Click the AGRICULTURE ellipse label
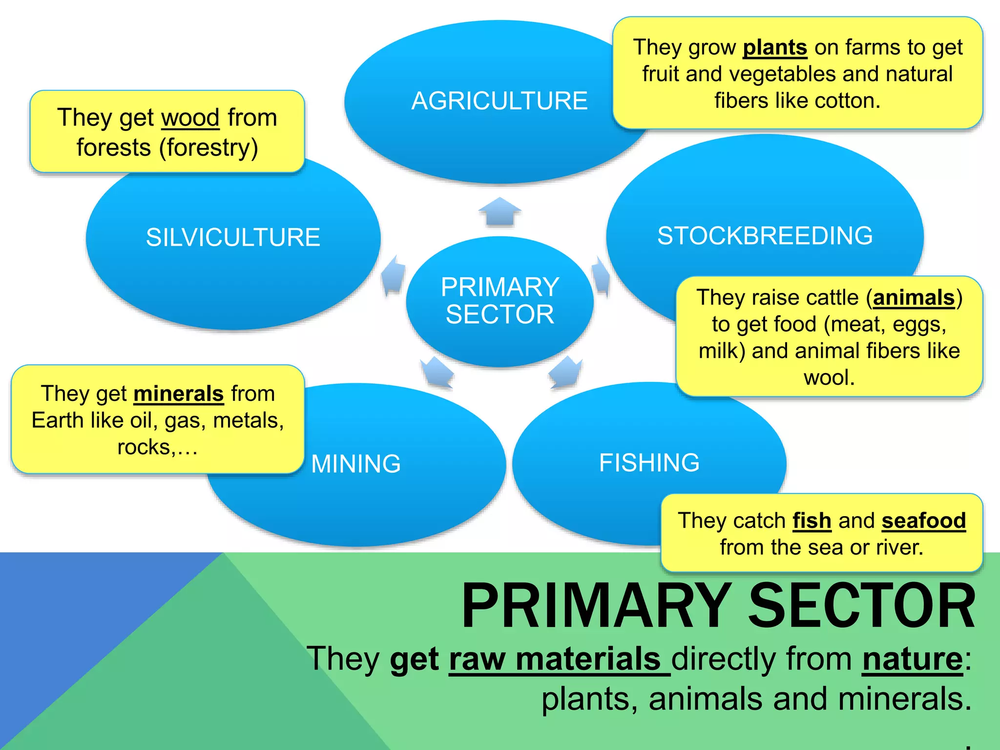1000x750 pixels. pos(499,101)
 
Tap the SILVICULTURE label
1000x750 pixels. pos(233,238)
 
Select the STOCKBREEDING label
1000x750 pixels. pos(765,236)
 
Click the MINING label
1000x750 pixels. pos(356,464)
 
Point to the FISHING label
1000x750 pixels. pos(649,463)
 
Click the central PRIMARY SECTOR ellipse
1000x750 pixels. pos(500,301)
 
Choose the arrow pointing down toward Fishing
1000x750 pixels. pos(565,372)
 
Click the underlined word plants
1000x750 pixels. pos(774,48)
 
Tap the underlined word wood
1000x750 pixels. pos(190,118)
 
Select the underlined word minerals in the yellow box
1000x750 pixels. pos(178,394)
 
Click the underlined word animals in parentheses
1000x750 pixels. pos(913,298)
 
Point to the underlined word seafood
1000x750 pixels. pos(923,521)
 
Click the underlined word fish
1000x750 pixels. pos(812,521)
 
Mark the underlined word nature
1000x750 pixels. pos(912,660)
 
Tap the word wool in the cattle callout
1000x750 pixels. pos(829,378)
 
